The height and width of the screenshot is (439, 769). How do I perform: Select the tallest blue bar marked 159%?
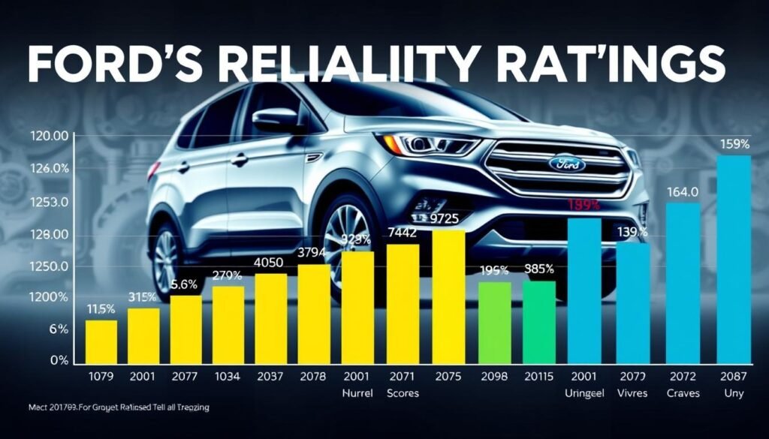click(734, 258)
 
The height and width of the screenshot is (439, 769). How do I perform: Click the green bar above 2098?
click(495, 323)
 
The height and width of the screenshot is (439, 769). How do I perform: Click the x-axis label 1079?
click(101, 376)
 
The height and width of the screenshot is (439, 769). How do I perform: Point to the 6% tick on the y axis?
click(38, 329)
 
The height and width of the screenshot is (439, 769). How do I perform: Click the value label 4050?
click(270, 262)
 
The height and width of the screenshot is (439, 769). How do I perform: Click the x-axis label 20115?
click(538, 376)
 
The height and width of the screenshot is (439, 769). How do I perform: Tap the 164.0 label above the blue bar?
click(683, 192)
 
